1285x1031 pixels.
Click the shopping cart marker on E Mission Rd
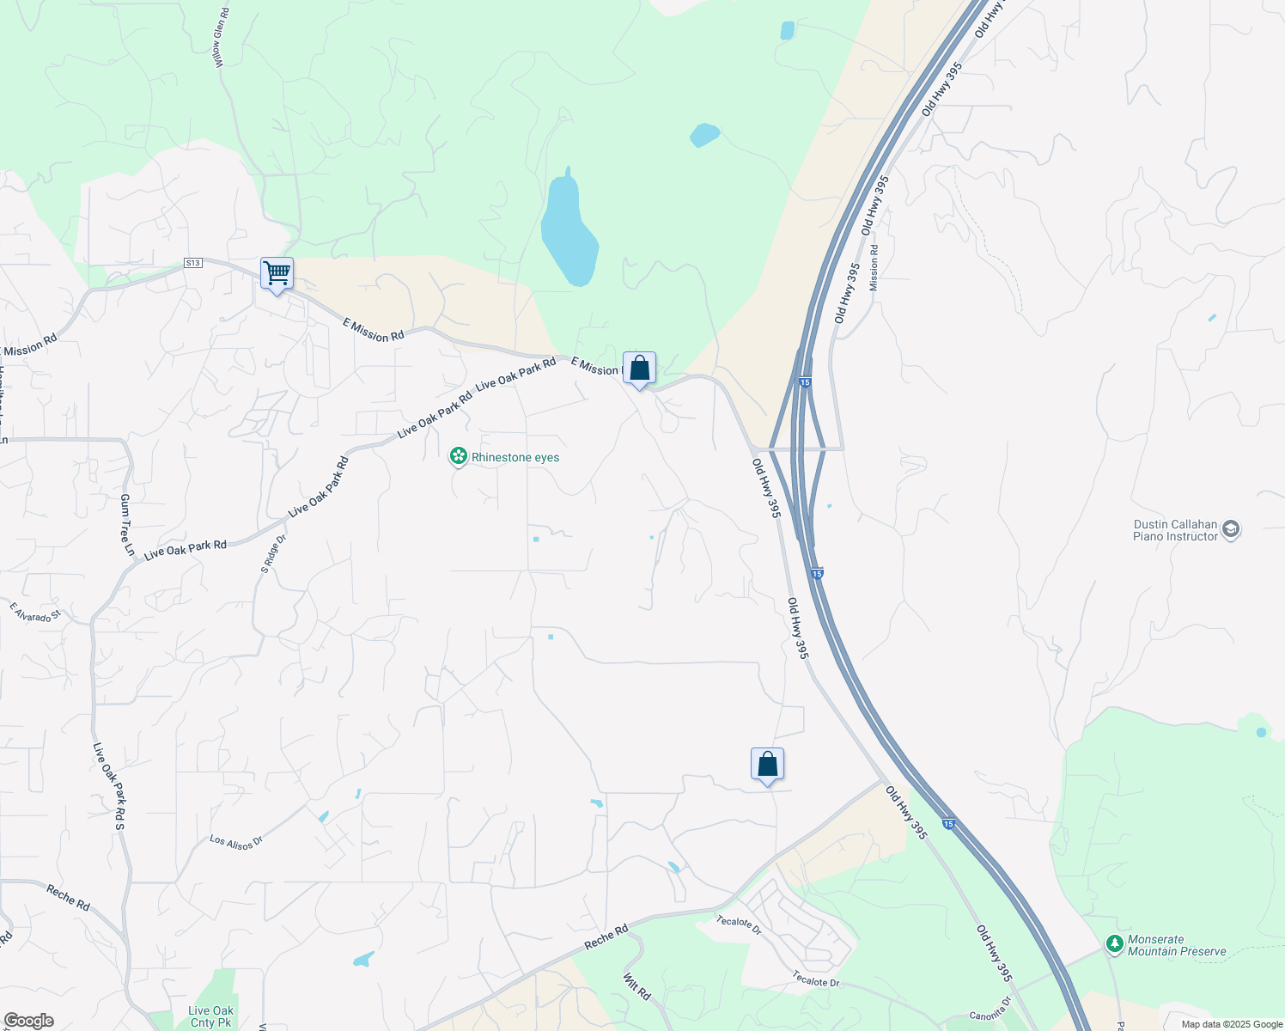pos(277,274)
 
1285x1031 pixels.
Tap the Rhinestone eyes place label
pos(515,457)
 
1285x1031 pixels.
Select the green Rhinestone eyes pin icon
pos(459,456)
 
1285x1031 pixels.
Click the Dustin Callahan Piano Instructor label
pos(1175,530)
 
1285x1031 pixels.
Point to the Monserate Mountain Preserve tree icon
pos(1115,944)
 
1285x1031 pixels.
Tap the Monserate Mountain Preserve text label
pos(1177,945)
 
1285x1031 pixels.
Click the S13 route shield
pos(193,263)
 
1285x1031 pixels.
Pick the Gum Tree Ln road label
pos(127,525)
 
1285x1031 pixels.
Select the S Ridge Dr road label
pos(274,554)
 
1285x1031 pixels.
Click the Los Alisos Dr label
pos(236,842)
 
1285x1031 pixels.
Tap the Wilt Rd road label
pos(636,987)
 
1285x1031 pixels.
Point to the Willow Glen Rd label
pos(222,39)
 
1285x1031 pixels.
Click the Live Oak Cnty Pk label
pos(210,1016)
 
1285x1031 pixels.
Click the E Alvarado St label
pos(36,612)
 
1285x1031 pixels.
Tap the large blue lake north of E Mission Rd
pos(569,230)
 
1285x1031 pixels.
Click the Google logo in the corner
pos(28,1021)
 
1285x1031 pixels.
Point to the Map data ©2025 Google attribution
pos(1232,1024)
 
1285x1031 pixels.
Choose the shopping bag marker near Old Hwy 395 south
pos(767,764)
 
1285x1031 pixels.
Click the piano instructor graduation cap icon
pos(1231,529)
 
